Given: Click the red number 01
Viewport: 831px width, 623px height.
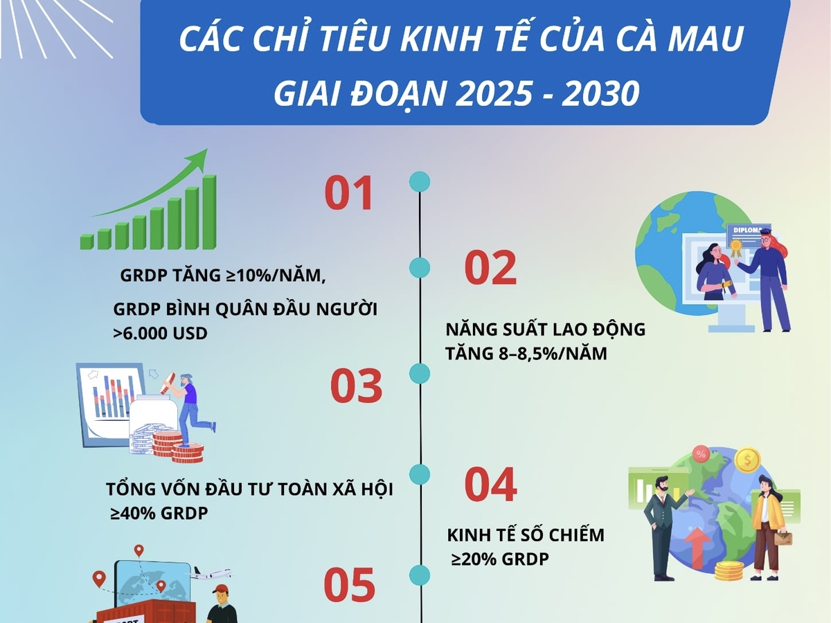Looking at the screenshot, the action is pos(349,193).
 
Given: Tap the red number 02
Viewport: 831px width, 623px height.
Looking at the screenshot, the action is pos(490,267).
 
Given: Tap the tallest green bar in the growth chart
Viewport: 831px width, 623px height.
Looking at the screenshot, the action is pos(209,213).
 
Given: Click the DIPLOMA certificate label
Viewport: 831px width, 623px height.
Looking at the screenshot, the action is pos(748,230).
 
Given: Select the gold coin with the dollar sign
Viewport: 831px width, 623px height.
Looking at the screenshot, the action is pos(747,460).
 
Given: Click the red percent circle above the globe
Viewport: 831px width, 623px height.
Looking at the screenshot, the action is pos(700,454).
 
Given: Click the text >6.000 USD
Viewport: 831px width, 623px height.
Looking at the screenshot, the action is pos(160,333).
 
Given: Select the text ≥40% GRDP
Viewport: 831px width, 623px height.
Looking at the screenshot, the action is pos(159,514).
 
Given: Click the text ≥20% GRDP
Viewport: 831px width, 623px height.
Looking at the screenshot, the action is pos(500,559).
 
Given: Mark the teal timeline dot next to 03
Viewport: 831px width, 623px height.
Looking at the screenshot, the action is pos(420,373).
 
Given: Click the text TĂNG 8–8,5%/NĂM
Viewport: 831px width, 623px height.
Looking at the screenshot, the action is pos(526,354).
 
